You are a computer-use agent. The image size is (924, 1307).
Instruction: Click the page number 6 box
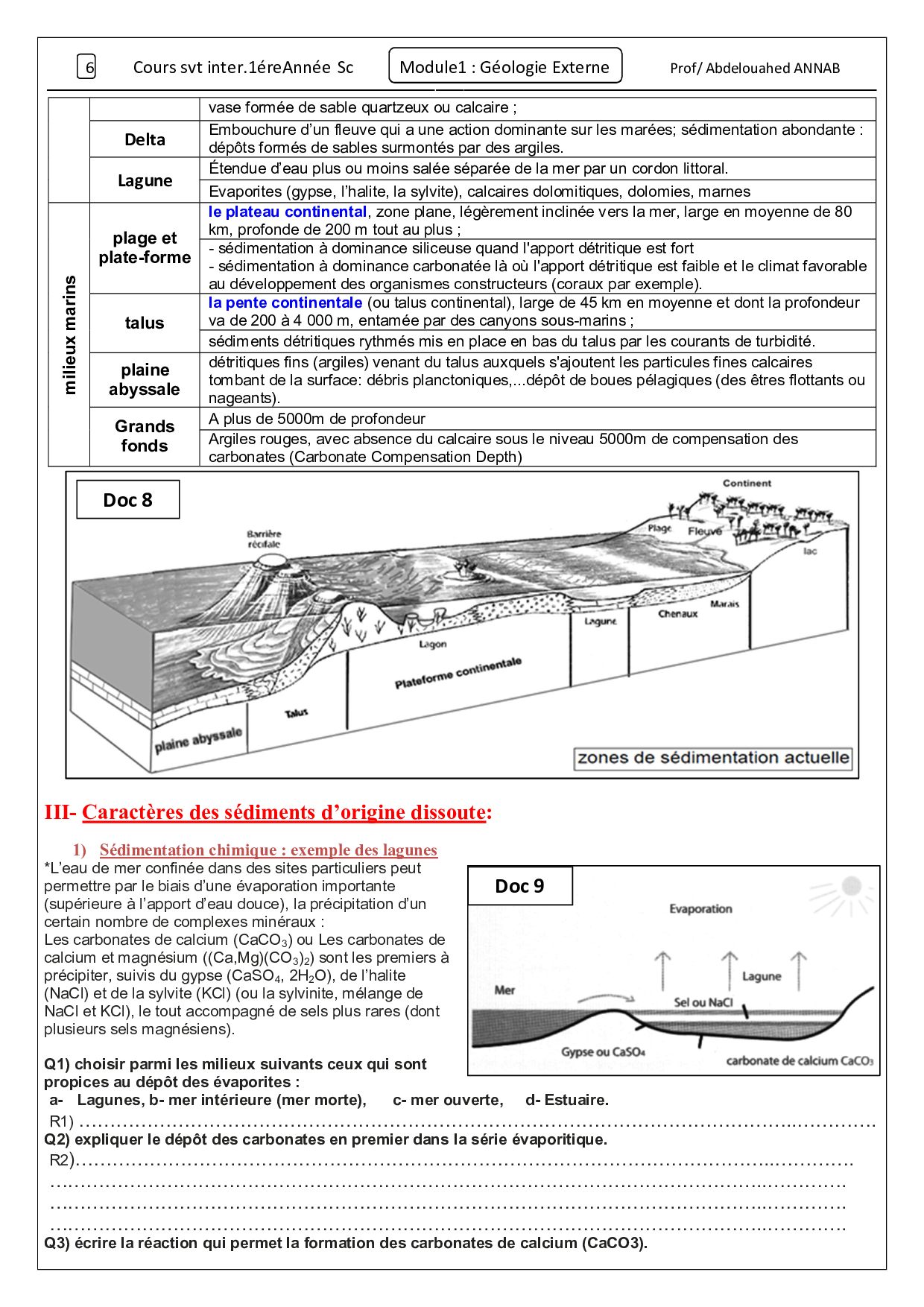tap(87, 68)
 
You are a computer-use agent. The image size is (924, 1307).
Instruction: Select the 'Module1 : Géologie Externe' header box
tap(504, 67)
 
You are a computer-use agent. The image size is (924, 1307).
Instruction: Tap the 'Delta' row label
tap(145, 139)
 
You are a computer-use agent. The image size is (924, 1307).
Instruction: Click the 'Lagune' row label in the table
tap(145, 180)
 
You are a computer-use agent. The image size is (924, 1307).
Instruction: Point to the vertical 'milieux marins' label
tap(69, 335)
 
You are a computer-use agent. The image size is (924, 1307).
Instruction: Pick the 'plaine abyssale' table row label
tap(145, 379)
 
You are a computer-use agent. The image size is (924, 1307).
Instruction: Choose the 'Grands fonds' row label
tap(145, 436)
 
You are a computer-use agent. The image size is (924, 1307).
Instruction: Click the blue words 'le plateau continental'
tap(288, 212)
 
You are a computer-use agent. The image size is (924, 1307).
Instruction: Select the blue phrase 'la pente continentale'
tap(285, 303)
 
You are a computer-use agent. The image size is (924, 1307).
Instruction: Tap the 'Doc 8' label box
tap(127, 500)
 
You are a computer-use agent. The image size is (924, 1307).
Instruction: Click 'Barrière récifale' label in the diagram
tap(264, 539)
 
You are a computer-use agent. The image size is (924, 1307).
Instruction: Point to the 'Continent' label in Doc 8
tap(747, 484)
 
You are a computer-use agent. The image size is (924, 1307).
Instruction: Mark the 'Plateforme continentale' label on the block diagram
tap(458, 674)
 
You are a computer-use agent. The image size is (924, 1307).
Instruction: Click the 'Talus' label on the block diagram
tap(297, 713)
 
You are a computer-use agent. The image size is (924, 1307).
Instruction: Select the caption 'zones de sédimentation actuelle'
tap(713, 759)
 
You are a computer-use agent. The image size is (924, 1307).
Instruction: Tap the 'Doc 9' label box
tap(519, 886)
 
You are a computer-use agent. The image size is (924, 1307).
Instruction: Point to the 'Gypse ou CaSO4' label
tap(603, 1052)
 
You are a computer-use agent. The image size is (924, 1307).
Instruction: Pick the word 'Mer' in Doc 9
tap(504, 990)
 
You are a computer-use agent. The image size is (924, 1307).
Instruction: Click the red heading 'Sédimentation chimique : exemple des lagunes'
tap(268, 850)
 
